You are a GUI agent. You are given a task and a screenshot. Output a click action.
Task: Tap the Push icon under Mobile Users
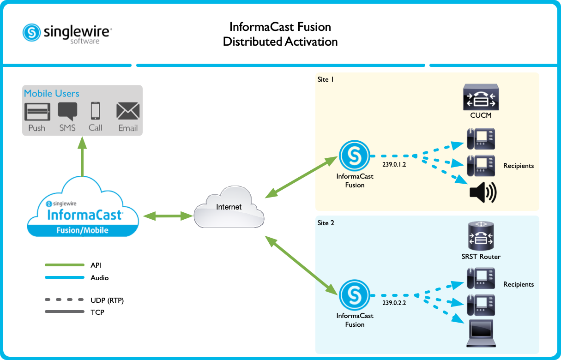pos(37,112)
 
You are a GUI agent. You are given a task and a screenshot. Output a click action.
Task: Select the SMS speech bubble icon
pos(67,112)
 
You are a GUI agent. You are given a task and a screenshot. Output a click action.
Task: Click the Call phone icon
pos(96,111)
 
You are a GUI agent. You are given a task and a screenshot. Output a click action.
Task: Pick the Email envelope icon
pos(128,111)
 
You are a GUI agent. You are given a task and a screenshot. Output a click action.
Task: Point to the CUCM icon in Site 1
pos(481,98)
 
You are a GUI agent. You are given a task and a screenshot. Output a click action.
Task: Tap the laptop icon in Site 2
pos(481,333)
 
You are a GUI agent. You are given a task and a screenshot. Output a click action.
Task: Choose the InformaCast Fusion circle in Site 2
pos(355,295)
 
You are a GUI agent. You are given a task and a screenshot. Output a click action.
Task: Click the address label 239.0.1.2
pos(395,165)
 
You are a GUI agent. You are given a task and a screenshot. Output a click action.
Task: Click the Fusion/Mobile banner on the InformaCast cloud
pos(82,230)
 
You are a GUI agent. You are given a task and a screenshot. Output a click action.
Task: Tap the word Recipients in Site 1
pos(519,165)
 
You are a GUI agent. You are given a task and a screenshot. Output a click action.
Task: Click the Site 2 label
pos(326,223)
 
